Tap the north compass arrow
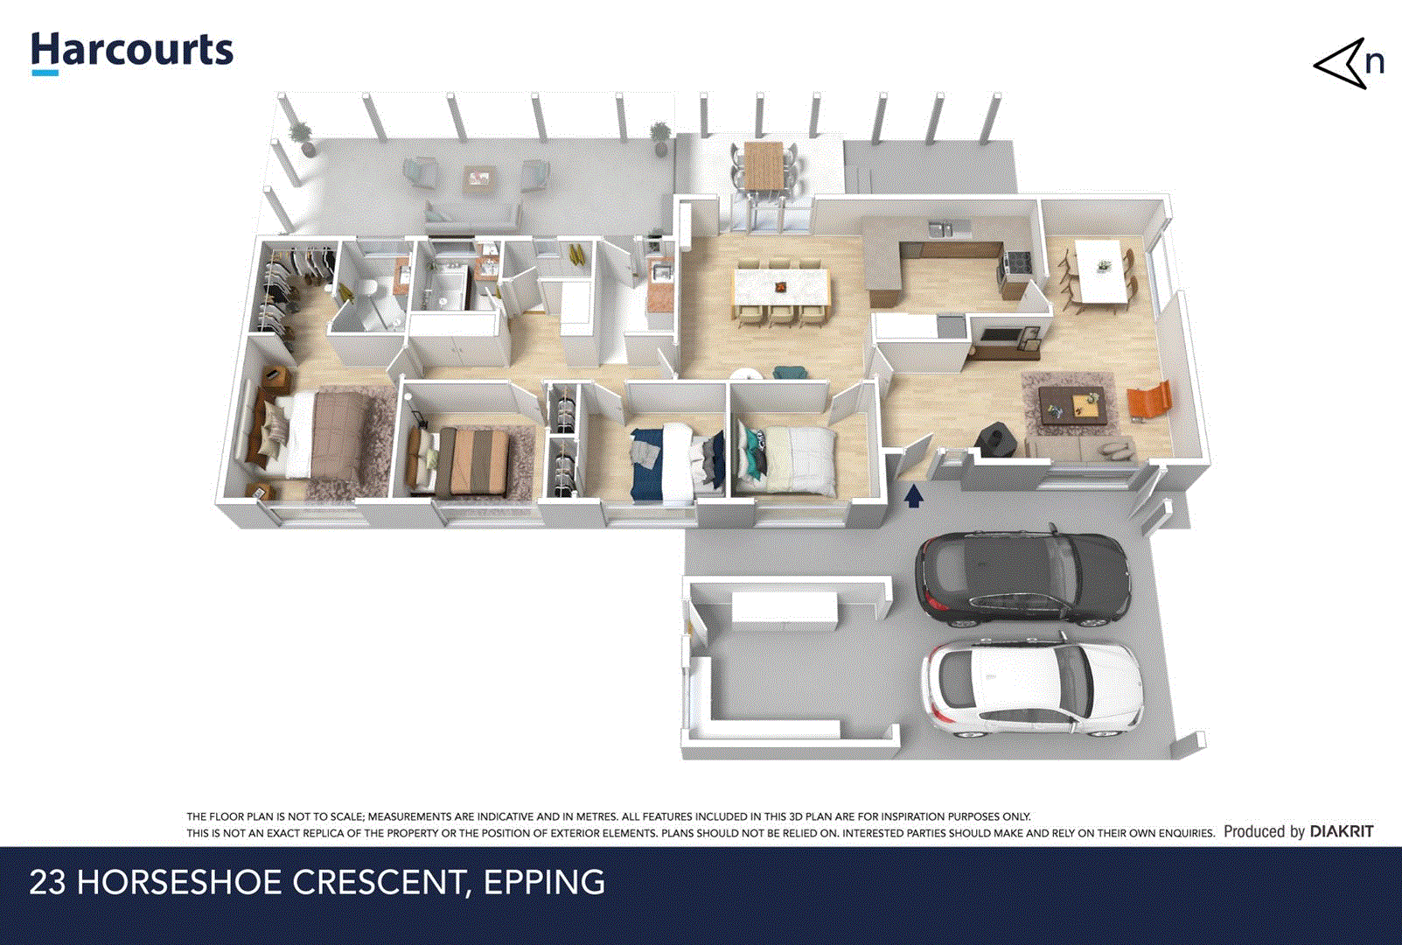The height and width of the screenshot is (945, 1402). [x=1342, y=64]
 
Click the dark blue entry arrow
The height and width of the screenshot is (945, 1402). [x=913, y=497]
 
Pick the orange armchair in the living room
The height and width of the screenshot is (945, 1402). [x=1148, y=402]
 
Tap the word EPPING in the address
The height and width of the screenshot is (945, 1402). [x=543, y=882]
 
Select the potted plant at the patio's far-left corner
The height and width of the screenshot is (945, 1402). [x=301, y=137]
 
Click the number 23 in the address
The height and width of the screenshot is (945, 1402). [x=47, y=882]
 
